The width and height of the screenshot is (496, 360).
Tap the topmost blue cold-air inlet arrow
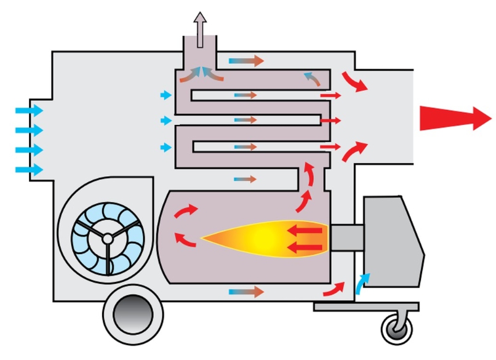tap(28, 111)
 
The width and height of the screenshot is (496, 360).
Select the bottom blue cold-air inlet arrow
tap(28, 169)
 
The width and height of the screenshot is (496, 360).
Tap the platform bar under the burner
tap(366, 306)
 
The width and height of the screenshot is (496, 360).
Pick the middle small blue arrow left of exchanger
tap(166, 121)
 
